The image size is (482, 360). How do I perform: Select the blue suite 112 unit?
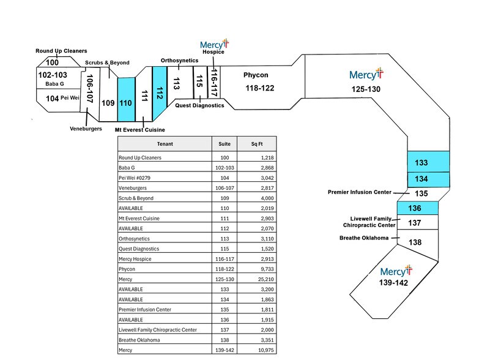pyautogui.click(x=160, y=93)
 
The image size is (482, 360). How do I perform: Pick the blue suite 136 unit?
pyautogui.click(x=415, y=208)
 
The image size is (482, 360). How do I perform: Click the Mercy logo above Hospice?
pyautogui.click(x=213, y=44)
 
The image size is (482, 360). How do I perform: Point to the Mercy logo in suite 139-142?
pyautogui.click(x=396, y=271)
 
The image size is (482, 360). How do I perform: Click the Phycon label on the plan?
pyautogui.click(x=256, y=75)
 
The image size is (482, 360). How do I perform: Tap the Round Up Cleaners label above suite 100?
pyautogui.click(x=61, y=51)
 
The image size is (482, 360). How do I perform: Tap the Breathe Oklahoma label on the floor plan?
pyautogui.click(x=364, y=238)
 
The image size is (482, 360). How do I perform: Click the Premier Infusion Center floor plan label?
pyautogui.click(x=359, y=192)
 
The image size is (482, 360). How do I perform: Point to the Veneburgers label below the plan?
pyautogui.click(x=85, y=129)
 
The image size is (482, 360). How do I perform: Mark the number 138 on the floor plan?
pyautogui.click(x=415, y=242)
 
